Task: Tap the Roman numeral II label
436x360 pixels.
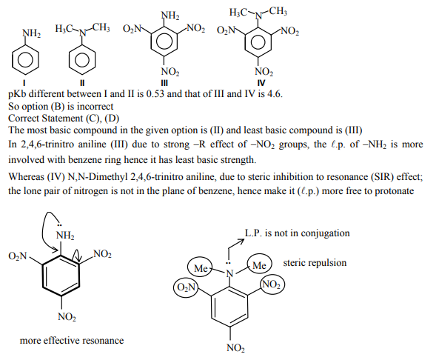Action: pyautogui.click(x=83, y=81)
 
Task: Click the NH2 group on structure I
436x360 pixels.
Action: pyautogui.click(x=32, y=33)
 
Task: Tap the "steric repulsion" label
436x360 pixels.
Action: pyautogui.click(x=315, y=263)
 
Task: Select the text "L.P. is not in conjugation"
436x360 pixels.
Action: pyautogui.click(x=297, y=233)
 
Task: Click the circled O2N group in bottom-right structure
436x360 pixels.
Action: pyautogui.click(x=186, y=287)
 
